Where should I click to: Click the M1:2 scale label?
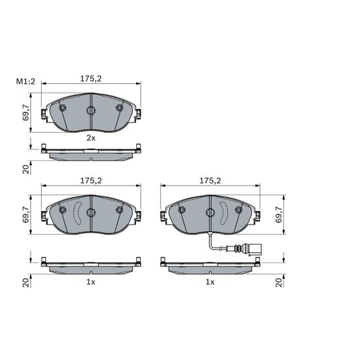tap(26, 81)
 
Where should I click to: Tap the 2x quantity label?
tap(91, 138)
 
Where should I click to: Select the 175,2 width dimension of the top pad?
tap(91, 79)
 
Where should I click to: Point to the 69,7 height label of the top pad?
tap(26, 113)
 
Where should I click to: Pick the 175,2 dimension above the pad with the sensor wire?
tap(210, 181)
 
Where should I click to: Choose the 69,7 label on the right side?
tap(278, 215)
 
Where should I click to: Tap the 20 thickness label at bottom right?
tap(279, 283)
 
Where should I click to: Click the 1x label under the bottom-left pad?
tap(91, 282)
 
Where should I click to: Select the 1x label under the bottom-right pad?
tap(210, 282)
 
